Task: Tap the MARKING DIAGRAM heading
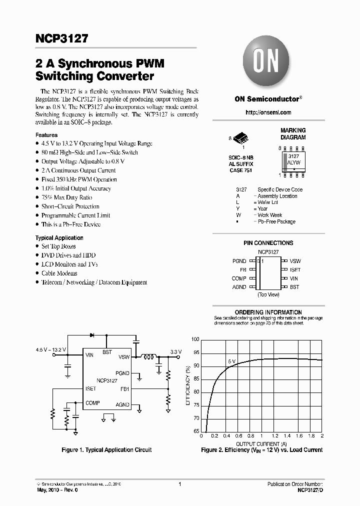292,133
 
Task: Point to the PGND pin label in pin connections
239,261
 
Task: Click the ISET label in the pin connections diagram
295,270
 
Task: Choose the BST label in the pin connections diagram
294,287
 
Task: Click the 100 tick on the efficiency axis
195,339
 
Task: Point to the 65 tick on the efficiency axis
196,431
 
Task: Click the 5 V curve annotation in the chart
231,360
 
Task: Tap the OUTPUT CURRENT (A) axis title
261,443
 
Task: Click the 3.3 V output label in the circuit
176,352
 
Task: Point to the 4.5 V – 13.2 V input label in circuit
51,349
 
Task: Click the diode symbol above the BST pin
92,335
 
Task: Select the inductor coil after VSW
149,357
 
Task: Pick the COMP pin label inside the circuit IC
92,403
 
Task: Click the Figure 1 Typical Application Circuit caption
106,450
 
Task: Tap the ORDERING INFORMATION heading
268,312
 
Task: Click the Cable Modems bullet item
59,273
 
